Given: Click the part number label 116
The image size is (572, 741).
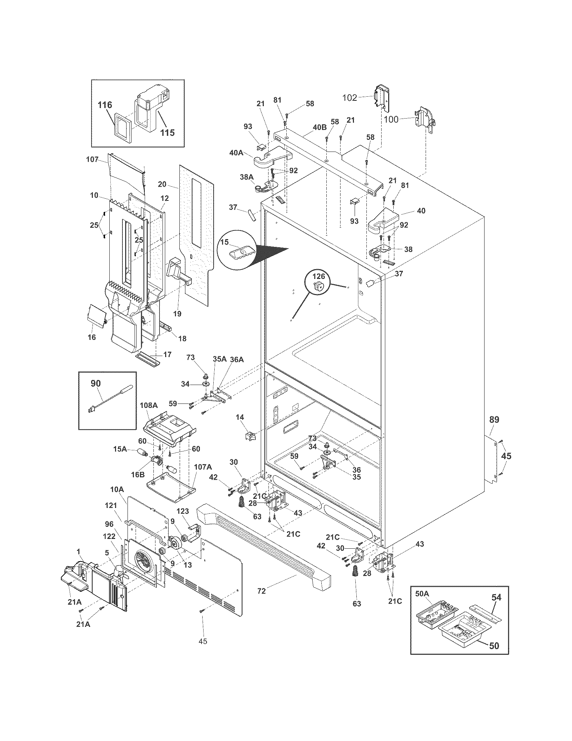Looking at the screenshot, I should pos(105,105).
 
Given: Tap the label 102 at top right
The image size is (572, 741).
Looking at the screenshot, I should pos(350,98).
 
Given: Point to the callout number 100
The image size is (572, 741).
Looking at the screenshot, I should pos(391,120).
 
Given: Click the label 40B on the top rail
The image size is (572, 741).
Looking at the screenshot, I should pos(319,127).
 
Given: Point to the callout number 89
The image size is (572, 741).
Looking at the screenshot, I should pos(494,420).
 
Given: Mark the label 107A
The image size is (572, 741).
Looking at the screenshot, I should pos(203,467).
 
